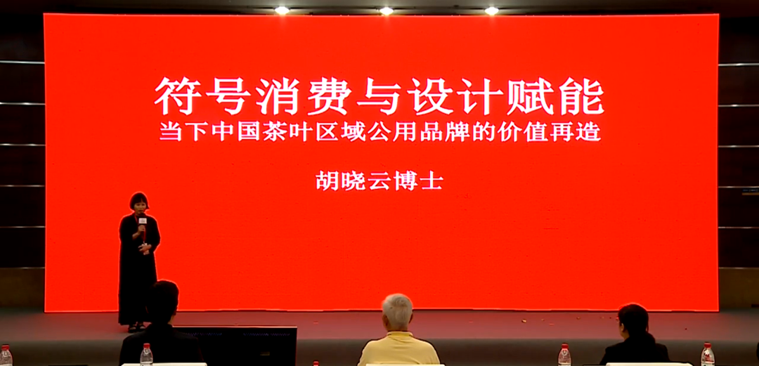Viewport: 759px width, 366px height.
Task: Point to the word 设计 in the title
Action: point(455,96)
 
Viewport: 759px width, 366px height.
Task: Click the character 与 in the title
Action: point(379,96)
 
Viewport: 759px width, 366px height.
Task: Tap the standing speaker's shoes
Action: point(134,327)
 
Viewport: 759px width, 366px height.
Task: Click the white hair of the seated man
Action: point(397,308)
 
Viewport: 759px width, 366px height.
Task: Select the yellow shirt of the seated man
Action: point(398,349)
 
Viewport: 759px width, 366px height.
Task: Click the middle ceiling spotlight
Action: point(387,11)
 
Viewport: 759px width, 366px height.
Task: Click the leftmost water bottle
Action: point(6,355)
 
